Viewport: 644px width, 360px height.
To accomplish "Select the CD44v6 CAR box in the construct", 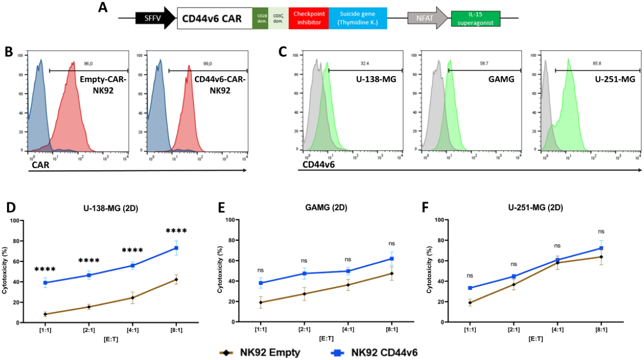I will click(213, 18).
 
